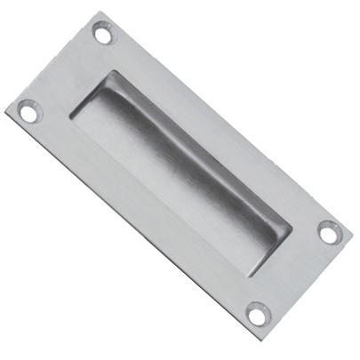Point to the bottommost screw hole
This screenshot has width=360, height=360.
click(256, 312)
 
